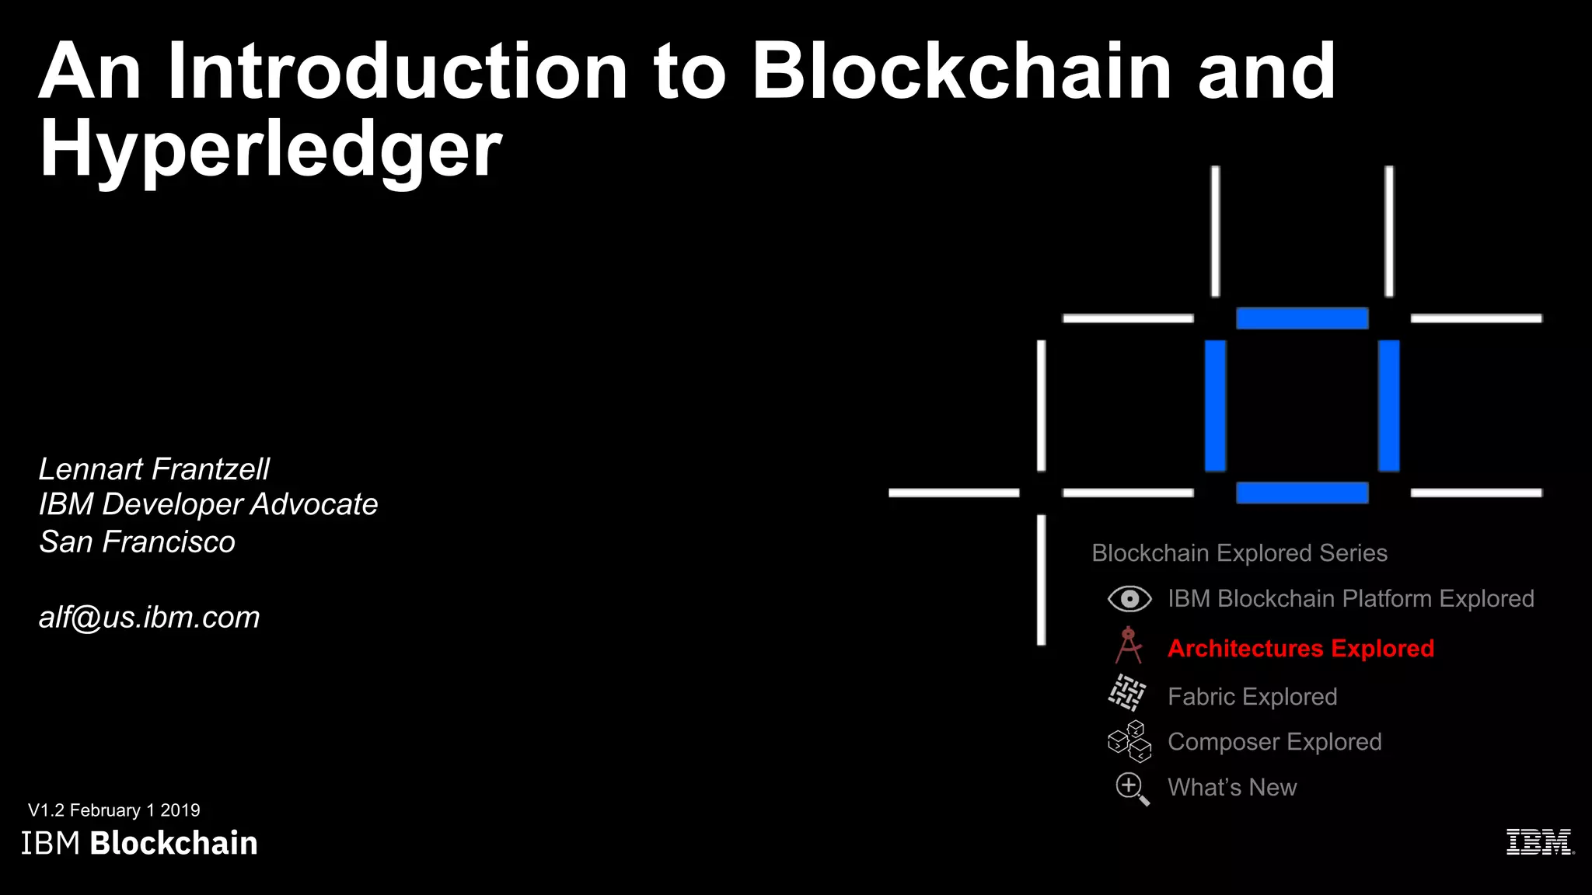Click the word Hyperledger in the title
(x=271, y=149)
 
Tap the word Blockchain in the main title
(x=962, y=71)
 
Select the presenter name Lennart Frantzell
(x=154, y=469)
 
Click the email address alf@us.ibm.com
(x=149, y=618)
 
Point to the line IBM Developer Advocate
(x=208, y=505)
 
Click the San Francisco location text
(x=137, y=542)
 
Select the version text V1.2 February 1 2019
(x=114, y=810)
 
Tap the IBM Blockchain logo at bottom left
(x=139, y=843)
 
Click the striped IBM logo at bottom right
(x=1540, y=842)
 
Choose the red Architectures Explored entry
(x=1300, y=648)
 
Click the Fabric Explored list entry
(x=1252, y=697)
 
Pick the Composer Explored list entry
(x=1274, y=742)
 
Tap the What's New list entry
(x=1232, y=788)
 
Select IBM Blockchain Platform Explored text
(x=1350, y=599)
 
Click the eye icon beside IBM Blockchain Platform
(x=1129, y=599)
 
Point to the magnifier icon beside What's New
(x=1131, y=789)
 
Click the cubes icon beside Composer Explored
(x=1129, y=741)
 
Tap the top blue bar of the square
(x=1302, y=319)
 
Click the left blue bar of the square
(x=1215, y=406)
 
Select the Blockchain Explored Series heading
(x=1239, y=553)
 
